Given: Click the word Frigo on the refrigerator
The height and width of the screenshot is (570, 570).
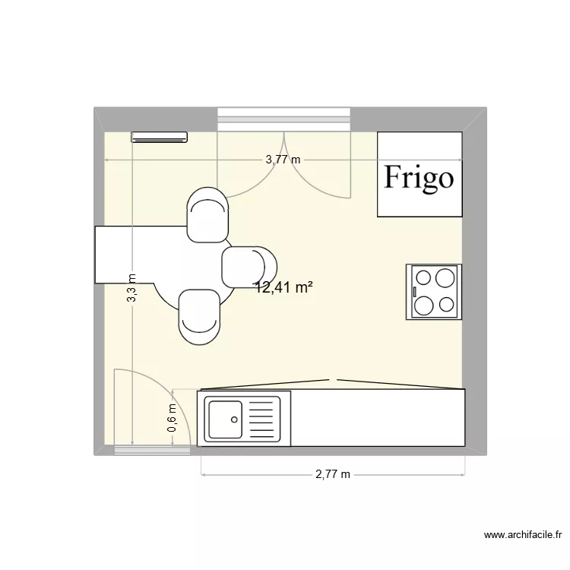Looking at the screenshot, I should pyautogui.click(x=419, y=177).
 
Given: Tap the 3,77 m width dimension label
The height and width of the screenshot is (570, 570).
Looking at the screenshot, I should pyautogui.click(x=283, y=160).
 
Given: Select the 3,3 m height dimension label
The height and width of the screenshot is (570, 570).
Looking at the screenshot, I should pyautogui.click(x=131, y=289).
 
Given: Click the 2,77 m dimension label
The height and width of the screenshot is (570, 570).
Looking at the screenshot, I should pyautogui.click(x=333, y=475).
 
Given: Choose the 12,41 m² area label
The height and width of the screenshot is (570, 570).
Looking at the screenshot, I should pyautogui.click(x=284, y=287).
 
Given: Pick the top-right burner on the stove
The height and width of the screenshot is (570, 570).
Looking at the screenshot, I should pyautogui.click(x=447, y=277).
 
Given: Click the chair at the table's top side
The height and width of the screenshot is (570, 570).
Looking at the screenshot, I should pyautogui.click(x=207, y=217).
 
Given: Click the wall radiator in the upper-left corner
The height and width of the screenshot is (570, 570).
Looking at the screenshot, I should pyautogui.click(x=159, y=137).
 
